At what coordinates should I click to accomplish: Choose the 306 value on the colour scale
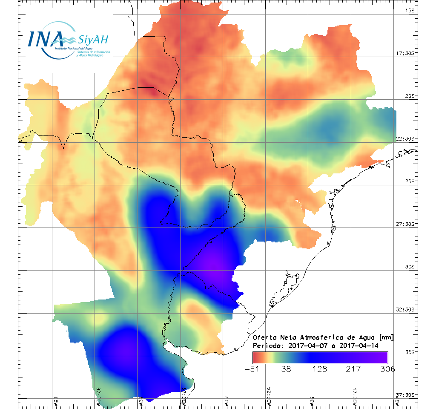(387, 369)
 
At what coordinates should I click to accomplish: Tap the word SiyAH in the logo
(93, 40)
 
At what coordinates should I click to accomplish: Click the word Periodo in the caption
(267, 346)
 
